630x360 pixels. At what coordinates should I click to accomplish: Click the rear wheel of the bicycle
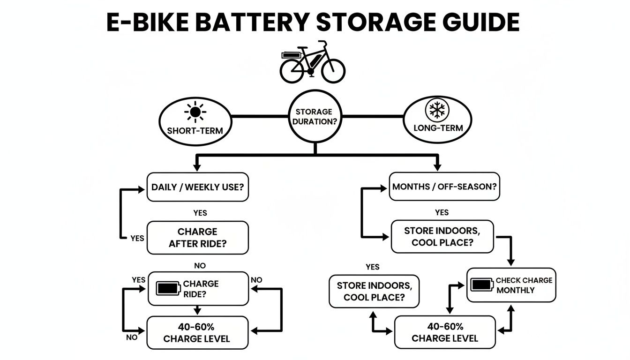[x=292, y=71]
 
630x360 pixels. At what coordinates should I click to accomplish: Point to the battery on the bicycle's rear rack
[x=291, y=55]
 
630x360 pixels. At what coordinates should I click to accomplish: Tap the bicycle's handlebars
[x=322, y=43]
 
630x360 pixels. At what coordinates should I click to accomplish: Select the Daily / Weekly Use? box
[x=197, y=187]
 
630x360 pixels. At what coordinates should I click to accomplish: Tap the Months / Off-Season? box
[x=444, y=187]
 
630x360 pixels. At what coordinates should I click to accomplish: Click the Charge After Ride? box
[x=197, y=238]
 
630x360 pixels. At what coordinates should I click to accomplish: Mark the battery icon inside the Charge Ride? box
[x=167, y=288]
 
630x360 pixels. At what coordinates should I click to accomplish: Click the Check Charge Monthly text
[x=524, y=285]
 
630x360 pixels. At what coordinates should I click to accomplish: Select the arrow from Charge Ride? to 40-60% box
[x=197, y=310]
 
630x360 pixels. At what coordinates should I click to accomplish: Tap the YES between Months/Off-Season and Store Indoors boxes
[x=442, y=213]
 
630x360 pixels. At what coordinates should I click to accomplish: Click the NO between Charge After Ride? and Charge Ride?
[x=200, y=266]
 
